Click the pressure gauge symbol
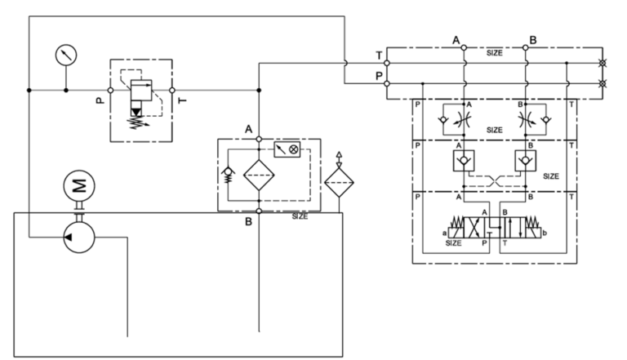(64, 56)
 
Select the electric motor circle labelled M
(79, 187)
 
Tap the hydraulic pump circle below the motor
(79, 236)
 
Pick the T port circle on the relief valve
(172, 90)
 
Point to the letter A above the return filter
(248, 130)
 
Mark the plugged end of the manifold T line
(603, 63)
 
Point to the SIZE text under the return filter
(300, 216)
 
